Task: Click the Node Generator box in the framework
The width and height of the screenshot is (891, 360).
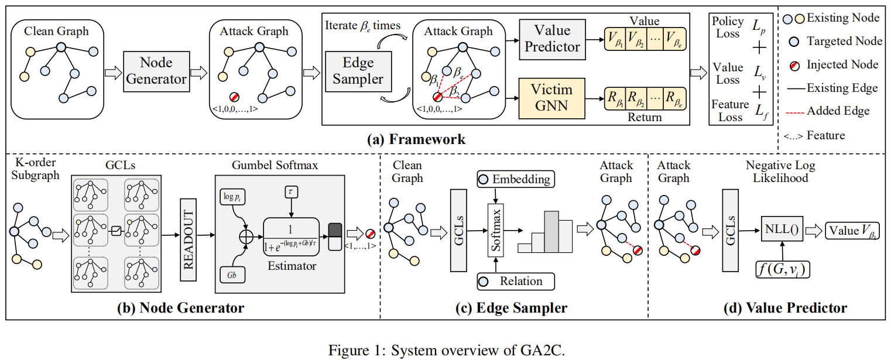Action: (156, 71)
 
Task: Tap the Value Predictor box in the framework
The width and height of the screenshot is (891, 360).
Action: (552, 39)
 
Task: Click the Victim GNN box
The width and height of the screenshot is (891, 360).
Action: (552, 98)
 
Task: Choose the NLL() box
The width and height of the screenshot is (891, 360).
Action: (782, 229)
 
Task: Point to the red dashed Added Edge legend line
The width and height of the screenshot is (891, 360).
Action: (794, 111)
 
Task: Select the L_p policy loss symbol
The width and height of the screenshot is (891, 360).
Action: (759, 26)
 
